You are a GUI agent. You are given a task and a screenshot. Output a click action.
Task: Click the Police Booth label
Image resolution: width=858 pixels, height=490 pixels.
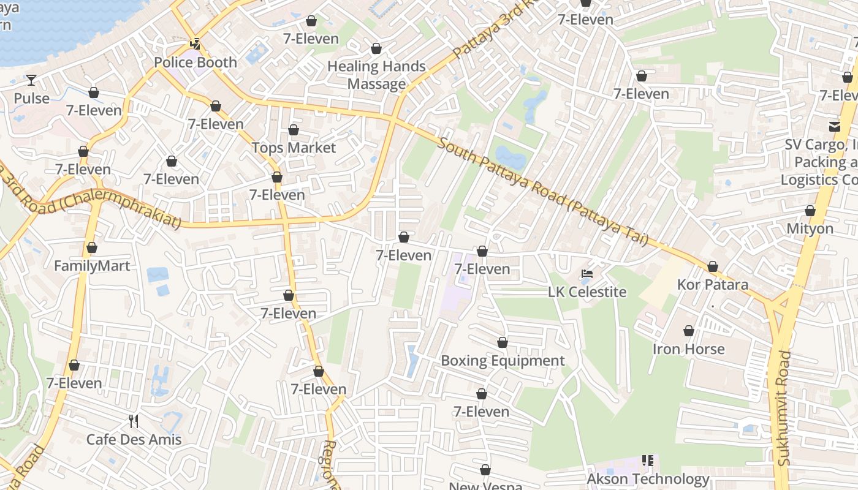tap(195, 62)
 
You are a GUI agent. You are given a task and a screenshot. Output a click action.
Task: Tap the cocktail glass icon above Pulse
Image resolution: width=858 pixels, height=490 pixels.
tap(31, 80)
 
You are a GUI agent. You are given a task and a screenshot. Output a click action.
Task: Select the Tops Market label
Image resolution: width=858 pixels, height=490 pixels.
tap(294, 148)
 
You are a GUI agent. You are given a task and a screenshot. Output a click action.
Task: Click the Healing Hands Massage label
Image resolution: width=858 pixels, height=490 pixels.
tap(376, 75)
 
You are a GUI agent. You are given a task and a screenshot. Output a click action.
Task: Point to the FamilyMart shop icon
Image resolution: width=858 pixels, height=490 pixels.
tap(92, 248)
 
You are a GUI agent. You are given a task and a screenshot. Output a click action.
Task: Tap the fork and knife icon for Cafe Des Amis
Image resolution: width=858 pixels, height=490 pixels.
tap(134, 421)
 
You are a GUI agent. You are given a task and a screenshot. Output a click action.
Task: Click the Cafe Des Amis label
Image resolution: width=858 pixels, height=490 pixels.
tap(134, 439)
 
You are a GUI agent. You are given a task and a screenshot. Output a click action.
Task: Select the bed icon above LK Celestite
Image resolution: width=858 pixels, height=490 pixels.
tap(587, 274)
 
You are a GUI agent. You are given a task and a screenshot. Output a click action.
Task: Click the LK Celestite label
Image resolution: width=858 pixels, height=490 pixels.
tap(587, 292)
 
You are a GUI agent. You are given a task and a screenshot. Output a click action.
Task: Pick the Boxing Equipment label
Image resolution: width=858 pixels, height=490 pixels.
tap(503, 361)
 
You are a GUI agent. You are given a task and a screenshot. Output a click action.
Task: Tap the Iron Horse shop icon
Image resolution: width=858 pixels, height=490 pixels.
tap(689, 331)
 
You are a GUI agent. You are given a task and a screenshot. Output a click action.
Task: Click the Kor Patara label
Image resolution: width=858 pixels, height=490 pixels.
tap(712, 285)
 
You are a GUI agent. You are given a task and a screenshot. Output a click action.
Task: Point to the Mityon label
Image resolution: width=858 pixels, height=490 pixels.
tap(810, 228)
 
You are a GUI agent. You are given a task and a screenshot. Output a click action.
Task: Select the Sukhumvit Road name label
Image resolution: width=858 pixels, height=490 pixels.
tap(784, 408)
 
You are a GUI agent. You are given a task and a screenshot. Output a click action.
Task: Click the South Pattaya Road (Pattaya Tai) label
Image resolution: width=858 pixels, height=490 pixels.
tap(543, 192)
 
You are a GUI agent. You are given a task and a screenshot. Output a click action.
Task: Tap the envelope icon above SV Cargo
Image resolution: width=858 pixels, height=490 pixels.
tap(834, 126)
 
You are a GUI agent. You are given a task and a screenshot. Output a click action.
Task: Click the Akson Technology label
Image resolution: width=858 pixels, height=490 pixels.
tap(648, 478)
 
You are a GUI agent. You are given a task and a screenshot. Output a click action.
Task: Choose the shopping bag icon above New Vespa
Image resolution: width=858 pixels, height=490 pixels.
tap(485, 470)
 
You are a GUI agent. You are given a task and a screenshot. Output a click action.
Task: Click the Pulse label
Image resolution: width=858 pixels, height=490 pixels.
tap(31, 98)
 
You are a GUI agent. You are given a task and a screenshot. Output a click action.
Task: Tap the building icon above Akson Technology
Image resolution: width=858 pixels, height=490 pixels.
tap(648, 460)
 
